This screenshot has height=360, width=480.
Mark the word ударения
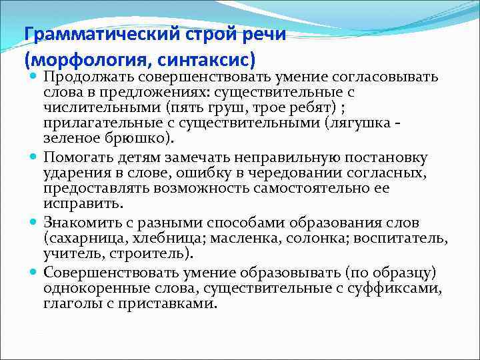click(x=74, y=173)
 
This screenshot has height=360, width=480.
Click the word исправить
click(x=74, y=203)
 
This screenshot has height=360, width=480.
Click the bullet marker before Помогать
click(x=34, y=157)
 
